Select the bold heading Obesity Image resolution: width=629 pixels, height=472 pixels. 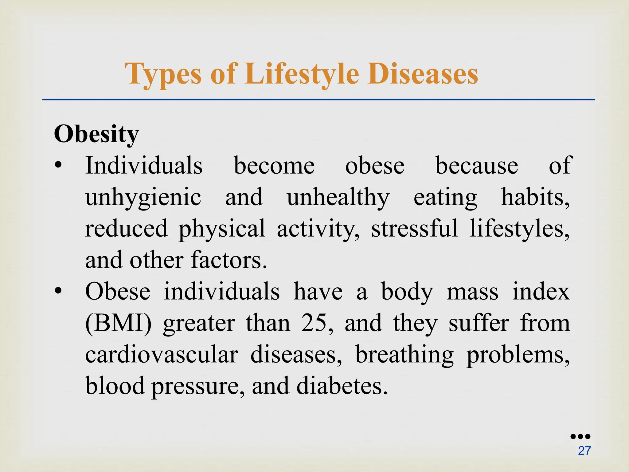click(96, 135)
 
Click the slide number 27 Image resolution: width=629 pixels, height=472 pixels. click(584, 451)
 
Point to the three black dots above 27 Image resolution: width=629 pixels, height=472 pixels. click(580, 436)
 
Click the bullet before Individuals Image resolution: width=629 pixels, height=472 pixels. click(58, 166)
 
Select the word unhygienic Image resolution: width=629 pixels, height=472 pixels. click(143, 197)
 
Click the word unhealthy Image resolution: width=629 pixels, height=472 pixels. click(338, 197)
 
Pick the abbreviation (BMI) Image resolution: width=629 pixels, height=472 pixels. click(118, 323)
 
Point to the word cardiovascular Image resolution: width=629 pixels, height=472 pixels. click(162, 355)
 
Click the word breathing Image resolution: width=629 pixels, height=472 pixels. click(404, 355)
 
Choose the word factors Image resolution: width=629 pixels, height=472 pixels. click(229, 260)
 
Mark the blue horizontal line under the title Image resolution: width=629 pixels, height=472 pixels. click(318, 100)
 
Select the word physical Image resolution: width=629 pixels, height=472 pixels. click(222, 229)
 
